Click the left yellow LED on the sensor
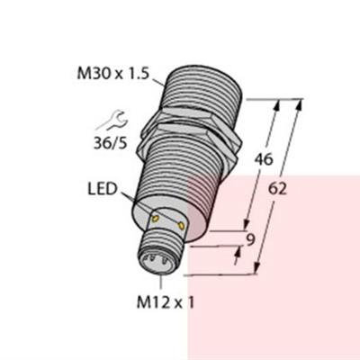tap(157, 219)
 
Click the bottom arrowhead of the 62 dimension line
tap(259, 267)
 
